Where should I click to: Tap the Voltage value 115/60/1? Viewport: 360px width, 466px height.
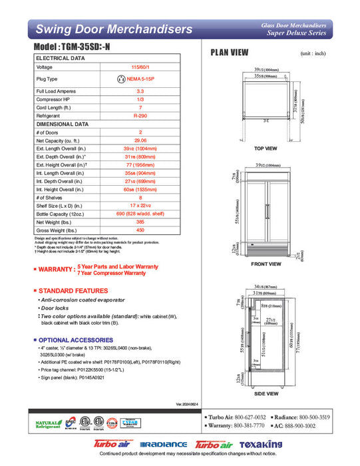(140, 67)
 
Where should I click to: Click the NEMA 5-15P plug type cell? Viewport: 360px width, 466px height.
(140, 79)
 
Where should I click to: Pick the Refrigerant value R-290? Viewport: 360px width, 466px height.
(140, 115)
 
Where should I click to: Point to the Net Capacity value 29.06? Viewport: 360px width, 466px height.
(140, 141)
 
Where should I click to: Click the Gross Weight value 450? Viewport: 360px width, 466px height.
(140, 230)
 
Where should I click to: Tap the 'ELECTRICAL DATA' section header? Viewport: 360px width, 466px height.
(60, 58)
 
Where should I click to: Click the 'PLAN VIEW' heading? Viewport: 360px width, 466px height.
(230, 53)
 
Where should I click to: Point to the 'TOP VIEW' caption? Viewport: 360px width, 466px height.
(266, 148)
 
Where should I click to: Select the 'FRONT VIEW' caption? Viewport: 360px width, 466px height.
(266, 264)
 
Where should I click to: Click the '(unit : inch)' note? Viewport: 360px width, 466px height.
(313, 53)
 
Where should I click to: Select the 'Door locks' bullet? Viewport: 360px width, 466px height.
(58, 308)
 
